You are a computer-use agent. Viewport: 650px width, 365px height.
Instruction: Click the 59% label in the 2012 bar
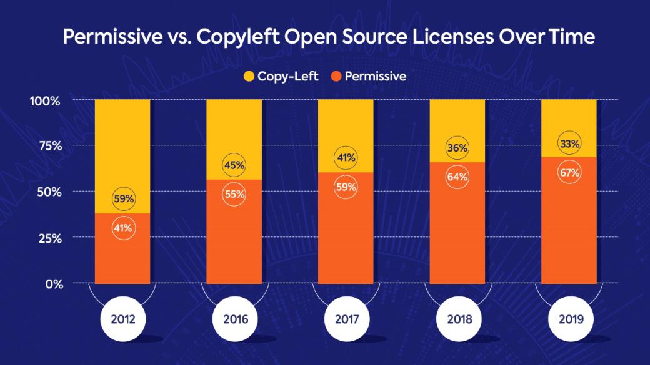click(122, 200)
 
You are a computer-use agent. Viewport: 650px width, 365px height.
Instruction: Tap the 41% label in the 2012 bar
click(122, 228)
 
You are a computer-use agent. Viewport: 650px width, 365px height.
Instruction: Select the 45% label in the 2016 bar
click(234, 166)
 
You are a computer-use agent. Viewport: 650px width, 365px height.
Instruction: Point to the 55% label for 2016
click(234, 194)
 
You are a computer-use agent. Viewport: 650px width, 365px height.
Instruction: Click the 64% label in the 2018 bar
click(457, 177)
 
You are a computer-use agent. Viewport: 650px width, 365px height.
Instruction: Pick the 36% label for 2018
click(457, 148)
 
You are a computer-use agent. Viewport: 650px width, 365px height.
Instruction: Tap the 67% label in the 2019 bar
click(569, 172)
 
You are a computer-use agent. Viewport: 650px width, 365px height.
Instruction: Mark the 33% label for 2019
click(569, 144)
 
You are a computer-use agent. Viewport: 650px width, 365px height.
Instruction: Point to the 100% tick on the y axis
click(45, 100)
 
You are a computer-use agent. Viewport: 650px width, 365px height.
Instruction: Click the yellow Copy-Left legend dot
click(248, 77)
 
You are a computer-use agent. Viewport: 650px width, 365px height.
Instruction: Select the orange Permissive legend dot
click(336, 77)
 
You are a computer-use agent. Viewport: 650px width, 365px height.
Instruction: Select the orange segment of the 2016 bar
click(234, 243)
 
